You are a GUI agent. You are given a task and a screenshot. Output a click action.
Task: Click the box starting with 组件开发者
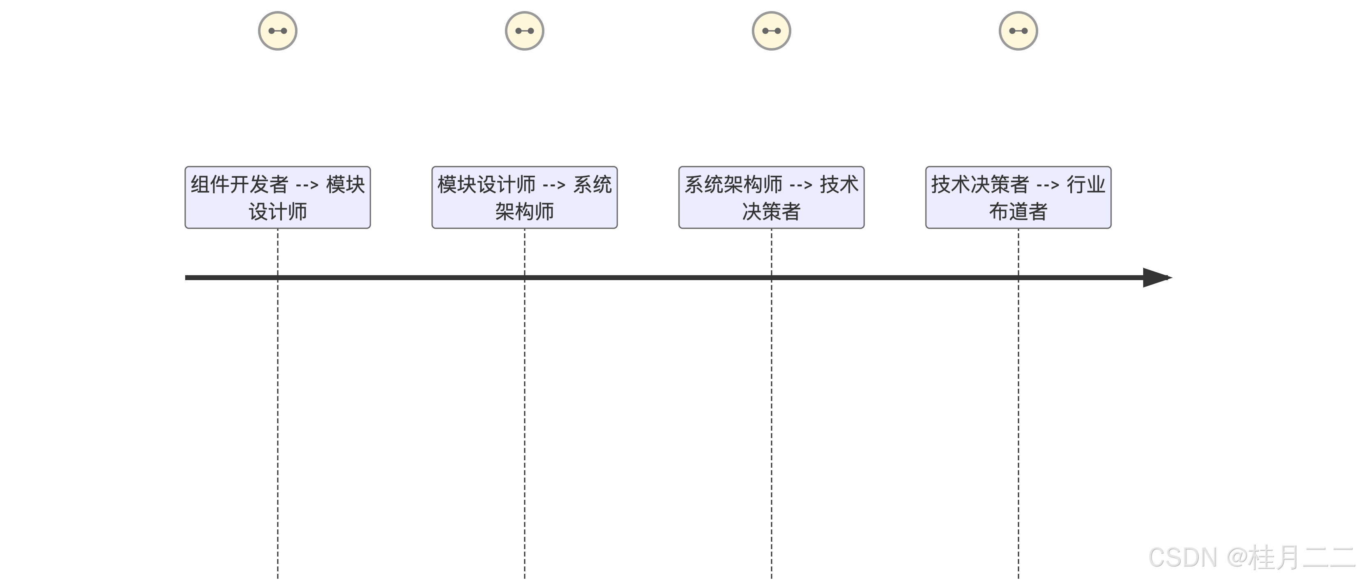click(x=277, y=197)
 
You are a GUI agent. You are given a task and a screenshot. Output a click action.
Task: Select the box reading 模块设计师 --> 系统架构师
click(x=524, y=197)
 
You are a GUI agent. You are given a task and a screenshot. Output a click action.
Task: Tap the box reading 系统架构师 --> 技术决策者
click(x=771, y=197)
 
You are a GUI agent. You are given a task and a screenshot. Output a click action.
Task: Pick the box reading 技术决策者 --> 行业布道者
click(x=1018, y=197)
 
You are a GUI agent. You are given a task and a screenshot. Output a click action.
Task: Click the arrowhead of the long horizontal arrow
click(x=1157, y=278)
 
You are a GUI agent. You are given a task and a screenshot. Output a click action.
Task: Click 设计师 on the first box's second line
click(x=277, y=212)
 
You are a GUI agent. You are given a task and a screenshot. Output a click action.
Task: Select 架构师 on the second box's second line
click(x=524, y=212)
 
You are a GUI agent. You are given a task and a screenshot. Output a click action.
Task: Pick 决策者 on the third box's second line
click(x=771, y=212)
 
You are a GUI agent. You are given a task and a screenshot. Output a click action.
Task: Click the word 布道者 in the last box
click(x=1018, y=212)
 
